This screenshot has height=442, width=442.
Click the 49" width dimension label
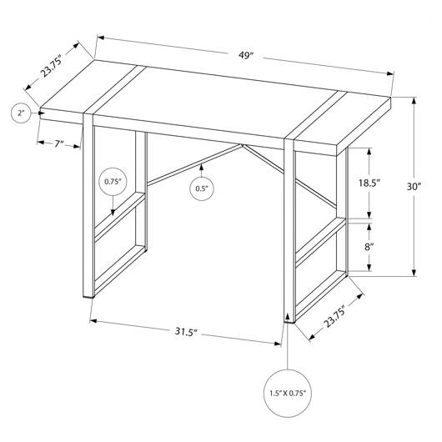tap(244, 56)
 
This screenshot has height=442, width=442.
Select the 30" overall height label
tap(414, 187)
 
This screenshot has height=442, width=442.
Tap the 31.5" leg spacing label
tap(185, 332)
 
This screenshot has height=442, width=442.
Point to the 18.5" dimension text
tap(369, 183)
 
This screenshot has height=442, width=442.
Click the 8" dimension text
tap(369, 247)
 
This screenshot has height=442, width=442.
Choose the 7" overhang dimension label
tap(59, 144)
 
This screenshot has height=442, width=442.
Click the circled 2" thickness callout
tap(22, 113)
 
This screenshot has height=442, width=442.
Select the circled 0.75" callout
tap(113, 182)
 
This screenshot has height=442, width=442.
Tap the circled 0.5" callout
tap(202, 188)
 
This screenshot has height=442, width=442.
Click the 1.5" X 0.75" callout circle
tap(288, 394)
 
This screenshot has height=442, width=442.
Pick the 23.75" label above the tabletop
tap(51, 68)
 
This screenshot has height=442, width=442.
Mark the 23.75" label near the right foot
tap(335, 316)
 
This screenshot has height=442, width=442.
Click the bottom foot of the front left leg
tap(88, 296)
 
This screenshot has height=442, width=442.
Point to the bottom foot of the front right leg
tap(289, 321)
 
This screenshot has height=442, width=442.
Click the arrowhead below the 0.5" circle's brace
tap(201, 167)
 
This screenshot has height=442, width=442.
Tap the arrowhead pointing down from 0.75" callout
tap(113, 213)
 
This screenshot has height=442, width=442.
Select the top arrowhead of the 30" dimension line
tap(414, 101)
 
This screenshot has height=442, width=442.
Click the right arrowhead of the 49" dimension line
tap(390, 74)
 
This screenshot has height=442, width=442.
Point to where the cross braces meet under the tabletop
tap(243, 145)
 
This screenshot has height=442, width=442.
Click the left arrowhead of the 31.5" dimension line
tap(93, 320)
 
